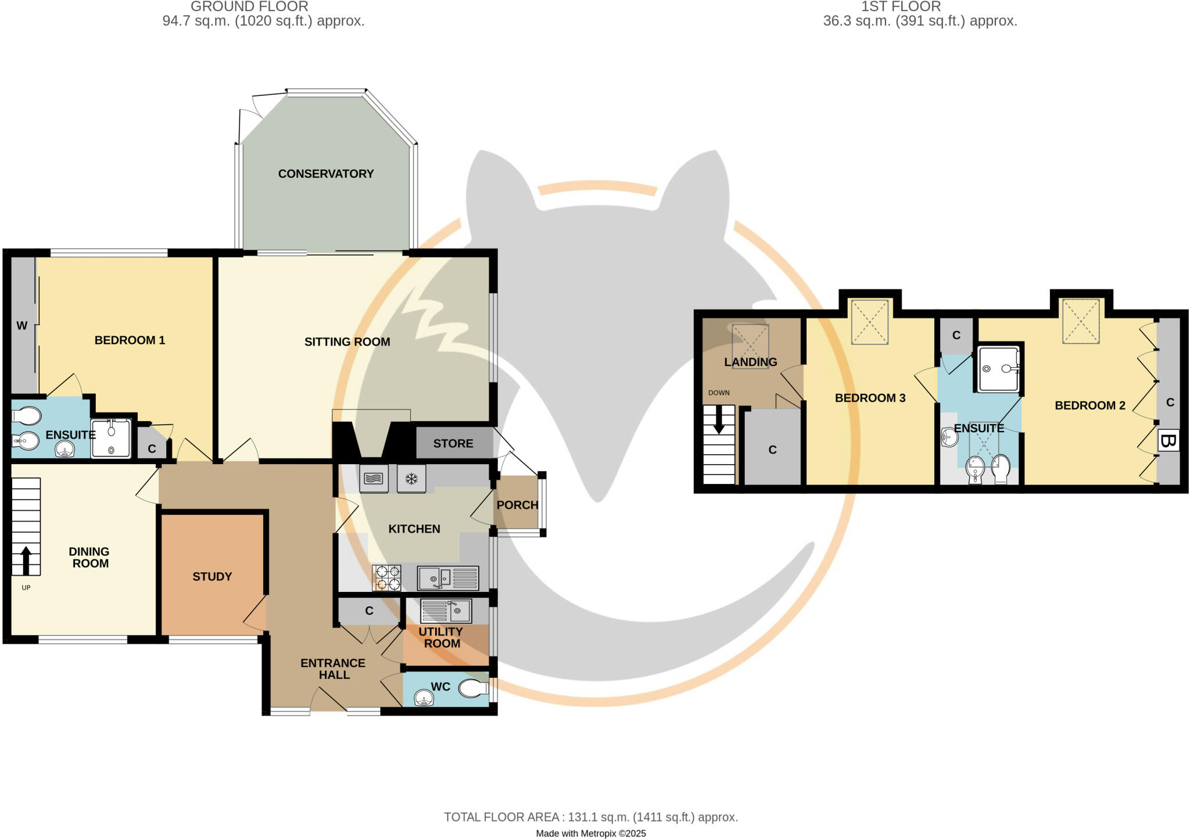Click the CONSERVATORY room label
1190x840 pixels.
pos(325,174)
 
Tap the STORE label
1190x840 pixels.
pos(453,443)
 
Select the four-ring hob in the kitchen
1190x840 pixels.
pos(388,578)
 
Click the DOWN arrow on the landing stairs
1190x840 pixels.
pos(719,419)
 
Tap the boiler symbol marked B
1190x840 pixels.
pos(1168,441)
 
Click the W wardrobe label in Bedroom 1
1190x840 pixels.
pos(22,326)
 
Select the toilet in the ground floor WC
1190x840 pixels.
pos(473,689)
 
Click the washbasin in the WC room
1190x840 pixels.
pos(425,698)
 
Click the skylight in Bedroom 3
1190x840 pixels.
pos(870,322)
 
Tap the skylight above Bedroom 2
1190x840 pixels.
pos(1081,321)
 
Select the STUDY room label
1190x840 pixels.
pos(212,576)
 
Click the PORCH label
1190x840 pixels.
pos(517,505)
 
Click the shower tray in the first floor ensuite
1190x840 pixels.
pos(999,369)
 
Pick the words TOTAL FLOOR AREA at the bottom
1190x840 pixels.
pos(501,817)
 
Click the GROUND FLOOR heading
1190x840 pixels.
pos(249,7)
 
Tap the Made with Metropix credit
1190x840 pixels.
pos(590,834)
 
